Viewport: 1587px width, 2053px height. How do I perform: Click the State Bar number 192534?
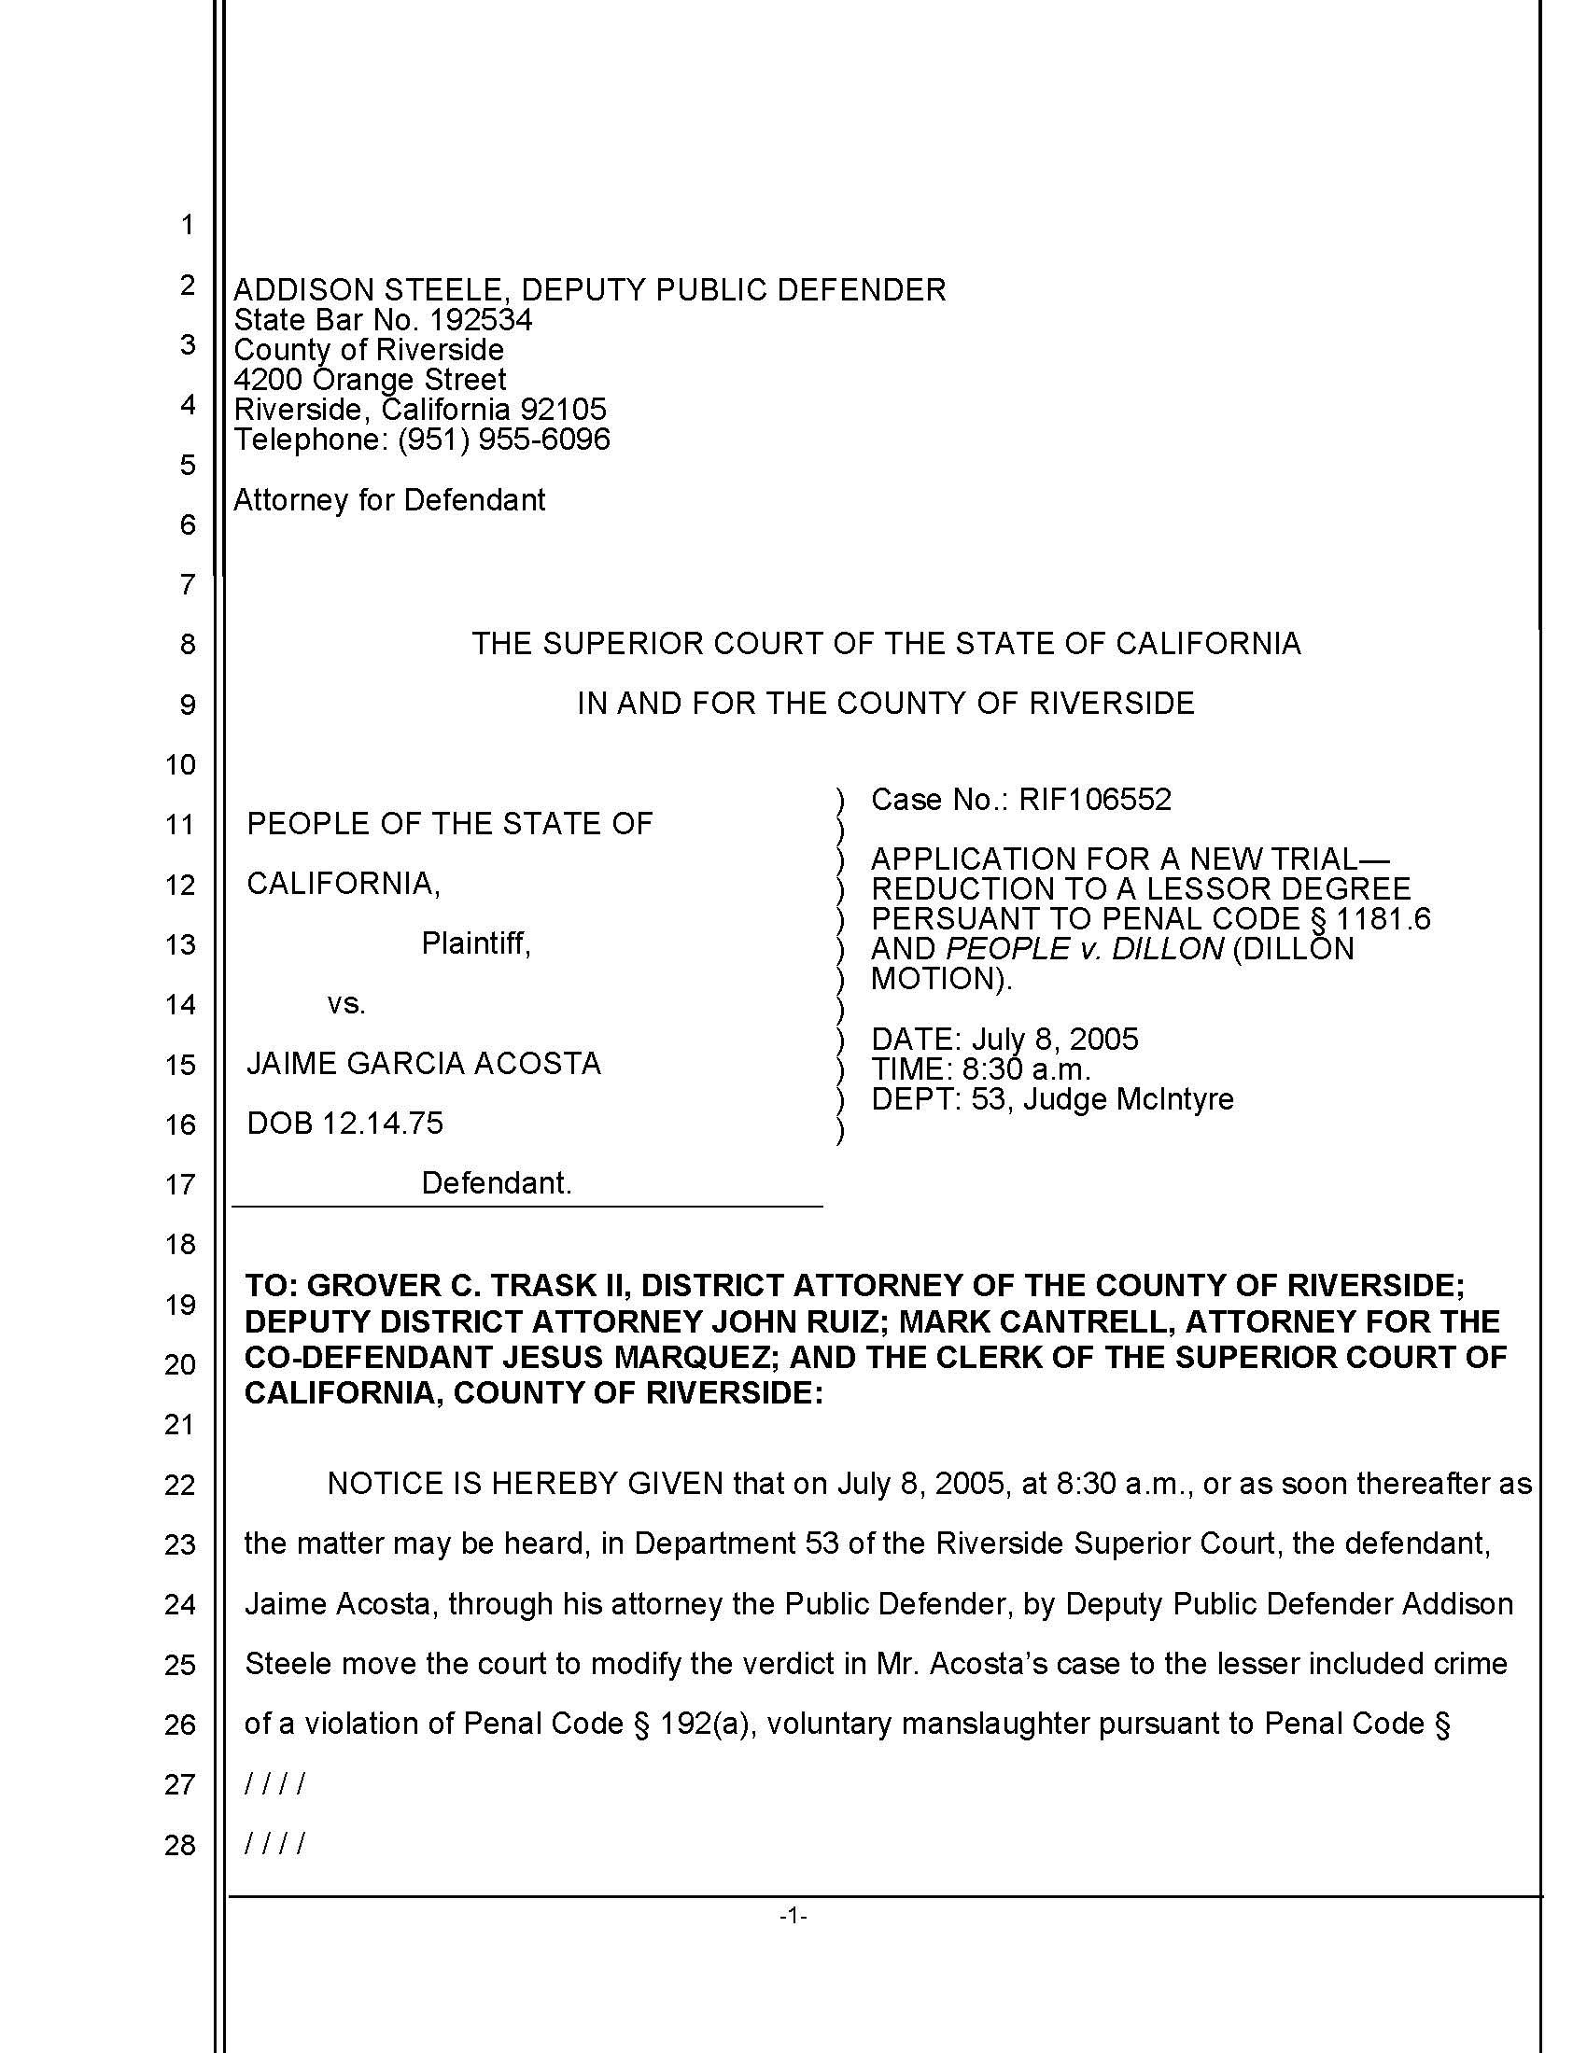pyautogui.click(x=481, y=319)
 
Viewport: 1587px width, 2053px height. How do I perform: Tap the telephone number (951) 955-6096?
pyautogui.click(x=504, y=439)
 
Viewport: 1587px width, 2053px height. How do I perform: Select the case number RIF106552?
pyautogui.click(x=1095, y=799)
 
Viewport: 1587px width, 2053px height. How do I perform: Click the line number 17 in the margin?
pyautogui.click(x=179, y=1184)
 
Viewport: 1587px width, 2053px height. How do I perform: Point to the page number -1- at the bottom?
pyautogui.click(x=793, y=1916)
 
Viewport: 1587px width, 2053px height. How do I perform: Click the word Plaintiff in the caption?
pyautogui.click(x=476, y=943)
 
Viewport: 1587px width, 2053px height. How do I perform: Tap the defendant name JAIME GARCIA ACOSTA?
pyautogui.click(x=423, y=1063)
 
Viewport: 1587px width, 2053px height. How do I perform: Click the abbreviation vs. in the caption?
pyautogui.click(x=346, y=1004)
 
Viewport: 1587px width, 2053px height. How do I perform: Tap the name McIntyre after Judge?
pyautogui.click(x=1174, y=1099)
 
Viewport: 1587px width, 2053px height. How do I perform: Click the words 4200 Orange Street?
pyautogui.click(x=370, y=379)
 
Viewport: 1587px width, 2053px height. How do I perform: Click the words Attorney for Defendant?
pyautogui.click(x=389, y=499)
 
